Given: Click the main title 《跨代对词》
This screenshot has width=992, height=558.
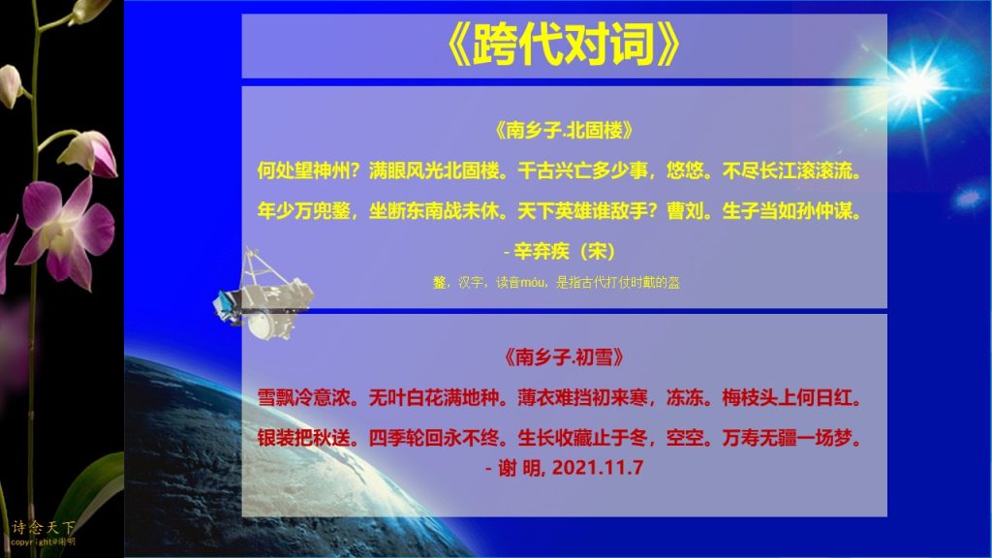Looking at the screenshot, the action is point(563,45).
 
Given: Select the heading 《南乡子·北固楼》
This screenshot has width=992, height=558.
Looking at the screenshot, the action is point(564,131).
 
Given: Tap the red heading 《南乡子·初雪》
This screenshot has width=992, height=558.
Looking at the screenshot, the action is point(564,357).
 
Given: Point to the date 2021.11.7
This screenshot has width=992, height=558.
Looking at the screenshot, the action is point(597,468).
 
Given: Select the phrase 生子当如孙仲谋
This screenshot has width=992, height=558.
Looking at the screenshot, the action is point(791,210).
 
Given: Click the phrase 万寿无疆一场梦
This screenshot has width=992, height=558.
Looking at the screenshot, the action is point(791,438).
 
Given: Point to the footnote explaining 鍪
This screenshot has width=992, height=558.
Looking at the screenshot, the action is point(556,283).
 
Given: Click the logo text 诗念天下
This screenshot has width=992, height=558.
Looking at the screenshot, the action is point(43,527).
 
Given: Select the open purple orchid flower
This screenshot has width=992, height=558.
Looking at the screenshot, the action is point(67,228).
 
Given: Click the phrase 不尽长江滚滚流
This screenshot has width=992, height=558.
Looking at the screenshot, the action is point(791,170).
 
